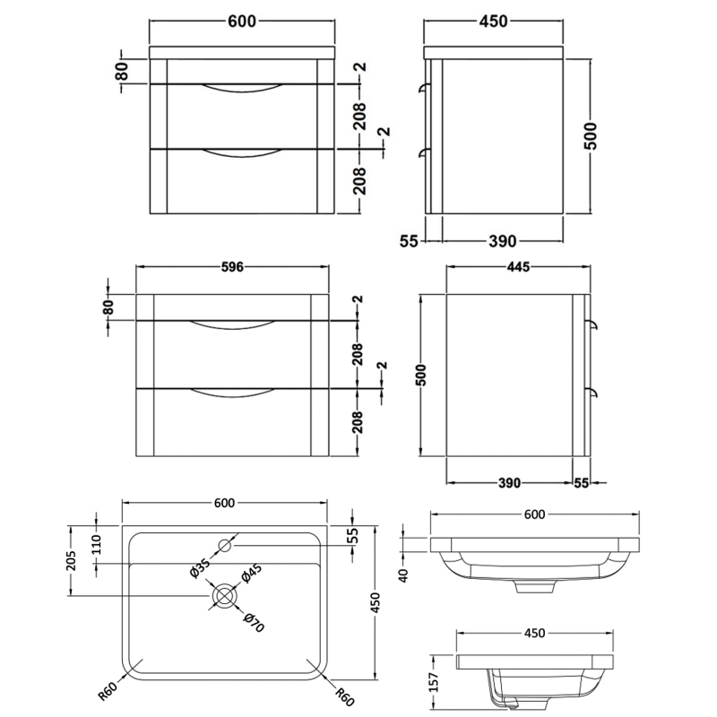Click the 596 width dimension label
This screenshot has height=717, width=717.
(x=231, y=266)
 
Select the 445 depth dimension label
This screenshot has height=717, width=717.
(x=517, y=266)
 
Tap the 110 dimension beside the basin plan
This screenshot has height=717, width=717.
(x=98, y=544)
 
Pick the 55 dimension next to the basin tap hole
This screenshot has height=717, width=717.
(x=352, y=536)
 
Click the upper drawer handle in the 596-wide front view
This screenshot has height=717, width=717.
(x=232, y=324)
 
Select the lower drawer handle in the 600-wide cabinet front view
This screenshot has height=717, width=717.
(x=238, y=153)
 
